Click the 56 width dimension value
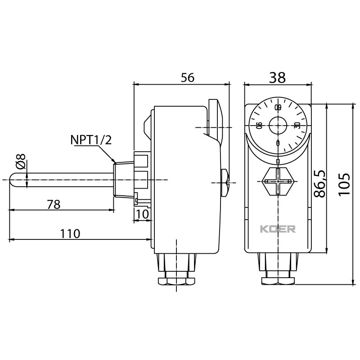(188, 77)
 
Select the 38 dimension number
(277, 77)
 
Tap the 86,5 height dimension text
(320, 184)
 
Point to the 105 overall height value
(344, 184)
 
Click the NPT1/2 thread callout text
(91, 140)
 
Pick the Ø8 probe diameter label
(21, 162)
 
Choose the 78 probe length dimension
(54, 204)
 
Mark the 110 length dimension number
(70, 234)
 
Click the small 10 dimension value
(143, 214)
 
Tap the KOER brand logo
(278, 229)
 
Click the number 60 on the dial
(278, 107)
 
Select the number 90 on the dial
(259, 126)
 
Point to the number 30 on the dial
(297, 126)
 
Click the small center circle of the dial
(278, 126)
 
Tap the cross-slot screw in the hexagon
(278, 181)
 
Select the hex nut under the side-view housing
(176, 281)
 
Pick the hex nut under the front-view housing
(278, 281)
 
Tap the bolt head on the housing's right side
(225, 183)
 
